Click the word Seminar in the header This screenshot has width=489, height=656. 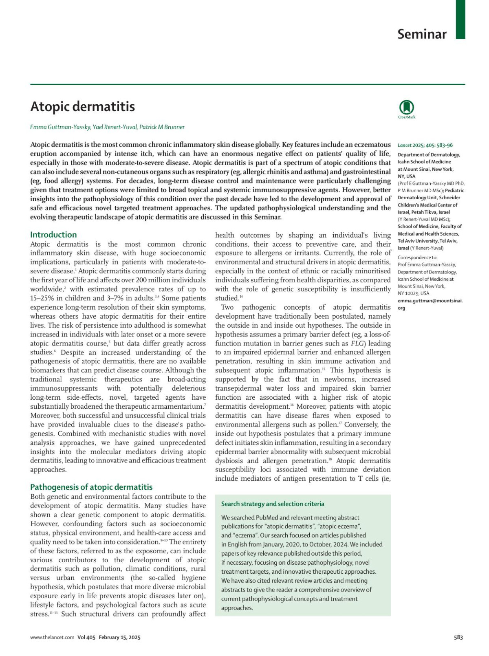tap(422, 34)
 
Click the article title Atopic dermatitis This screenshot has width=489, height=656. tap(82, 107)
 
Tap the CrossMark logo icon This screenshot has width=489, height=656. tap(406, 108)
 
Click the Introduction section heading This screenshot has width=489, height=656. tap(53, 235)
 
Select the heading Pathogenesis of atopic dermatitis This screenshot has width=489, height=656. tap(91, 487)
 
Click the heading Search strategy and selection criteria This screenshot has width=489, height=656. tap(273, 504)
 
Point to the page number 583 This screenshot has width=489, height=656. tap(458, 637)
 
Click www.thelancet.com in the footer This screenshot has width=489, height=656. tap(52, 637)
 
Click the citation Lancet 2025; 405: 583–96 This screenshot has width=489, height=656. tap(425, 145)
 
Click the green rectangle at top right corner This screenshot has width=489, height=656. tap(460, 19)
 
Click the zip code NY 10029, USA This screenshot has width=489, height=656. tap(413, 293)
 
